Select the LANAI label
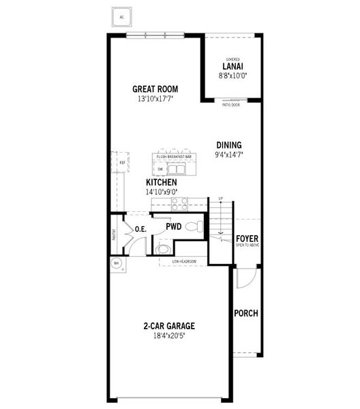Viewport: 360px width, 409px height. pyautogui.click(x=229, y=66)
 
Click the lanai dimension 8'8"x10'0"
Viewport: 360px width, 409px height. pyautogui.click(x=229, y=75)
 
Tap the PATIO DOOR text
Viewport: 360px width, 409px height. pyautogui.click(x=231, y=105)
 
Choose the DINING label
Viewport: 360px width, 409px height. pyautogui.click(x=228, y=145)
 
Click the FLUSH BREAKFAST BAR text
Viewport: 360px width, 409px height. pyautogui.click(x=175, y=157)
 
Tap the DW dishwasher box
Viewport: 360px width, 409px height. pyautogui.click(x=160, y=168)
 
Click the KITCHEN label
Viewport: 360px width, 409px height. pyautogui.click(x=162, y=183)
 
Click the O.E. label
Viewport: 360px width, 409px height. pyautogui.click(x=141, y=229)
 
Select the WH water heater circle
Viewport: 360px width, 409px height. pyautogui.click(x=116, y=263)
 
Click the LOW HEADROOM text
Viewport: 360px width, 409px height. pyautogui.click(x=184, y=262)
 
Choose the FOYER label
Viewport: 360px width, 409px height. pyautogui.click(x=247, y=239)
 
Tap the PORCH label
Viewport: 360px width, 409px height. pyautogui.click(x=245, y=314)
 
